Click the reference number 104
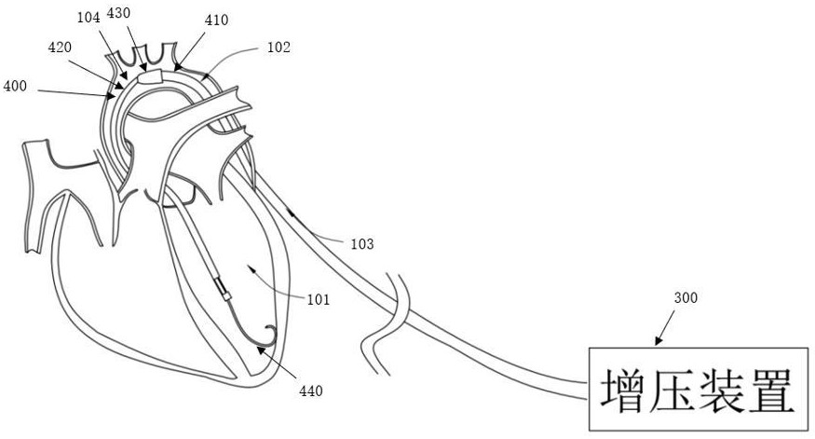[88, 18]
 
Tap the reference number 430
[118, 13]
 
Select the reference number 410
[217, 21]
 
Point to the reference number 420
[60, 48]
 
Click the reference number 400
[15, 86]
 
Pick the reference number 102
[278, 48]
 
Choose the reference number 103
[362, 243]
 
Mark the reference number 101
[319, 299]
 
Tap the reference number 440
[311, 391]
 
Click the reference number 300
[686, 298]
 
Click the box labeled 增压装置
[698, 389]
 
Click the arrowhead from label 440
[261, 350]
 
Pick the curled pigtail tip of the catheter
[270, 334]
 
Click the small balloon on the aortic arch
[150, 77]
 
